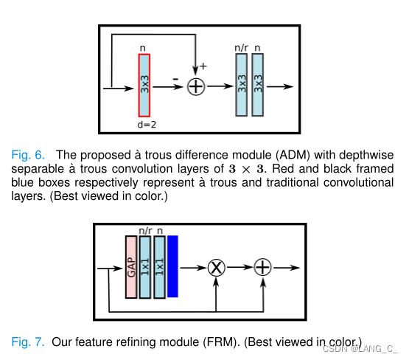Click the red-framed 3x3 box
click(x=144, y=86)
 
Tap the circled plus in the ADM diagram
click(x=195, y=86)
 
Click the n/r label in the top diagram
click(x=241, y=49)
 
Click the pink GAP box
click(x=131, y=266)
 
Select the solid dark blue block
click(x=172, y=266)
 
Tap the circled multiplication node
click(x=216, y=266)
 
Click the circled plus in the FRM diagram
click(x=262, y=266)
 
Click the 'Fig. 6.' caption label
click(x=29, y=155)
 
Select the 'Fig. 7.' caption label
click(x=29, y=342)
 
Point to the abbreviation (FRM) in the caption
click(x=223, y=342)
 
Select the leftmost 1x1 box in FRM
click(x=144, y=266)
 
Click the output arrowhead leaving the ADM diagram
click(x=290, y=86)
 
